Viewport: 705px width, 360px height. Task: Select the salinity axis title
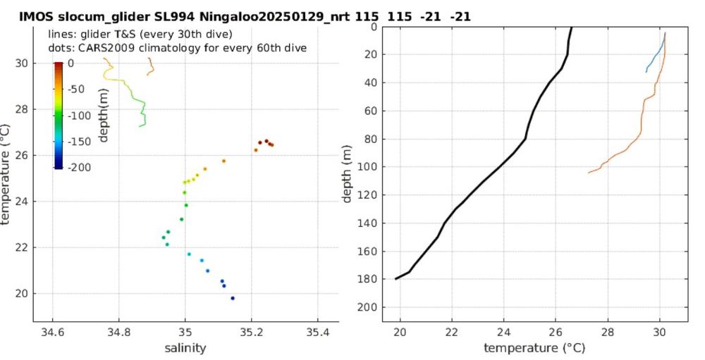click(x=185, y=348)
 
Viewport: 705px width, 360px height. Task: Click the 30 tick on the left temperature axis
click(x=23, y=63)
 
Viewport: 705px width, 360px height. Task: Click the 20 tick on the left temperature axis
click(x=23, y=293)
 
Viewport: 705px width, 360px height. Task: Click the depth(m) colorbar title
click(x=103, y=115)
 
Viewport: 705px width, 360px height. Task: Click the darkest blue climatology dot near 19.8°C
click(x=233, y=298)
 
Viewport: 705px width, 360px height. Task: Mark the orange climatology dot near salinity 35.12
click(x=223, y=161)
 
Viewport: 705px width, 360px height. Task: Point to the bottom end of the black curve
click(x=396, y=279)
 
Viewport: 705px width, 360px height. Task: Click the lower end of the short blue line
click(x=646, y=72)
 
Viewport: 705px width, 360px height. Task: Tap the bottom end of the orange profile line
click(x=589, y=173)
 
